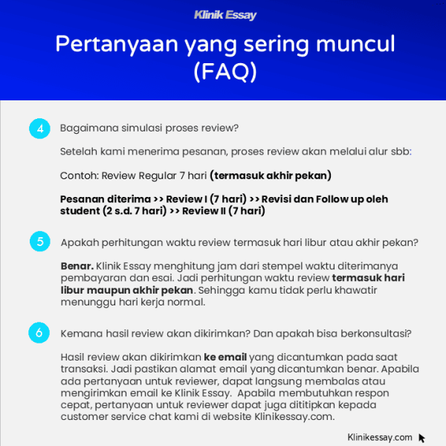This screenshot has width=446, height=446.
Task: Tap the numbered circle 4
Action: point(39,128)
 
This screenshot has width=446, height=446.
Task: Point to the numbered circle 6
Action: point(39,332)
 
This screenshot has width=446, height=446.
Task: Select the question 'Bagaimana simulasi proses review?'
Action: point(149,128)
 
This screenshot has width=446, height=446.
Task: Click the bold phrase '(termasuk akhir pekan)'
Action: point(271,175)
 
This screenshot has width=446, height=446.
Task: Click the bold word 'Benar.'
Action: point(77,265)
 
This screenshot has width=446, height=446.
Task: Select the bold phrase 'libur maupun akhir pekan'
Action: point(126,289)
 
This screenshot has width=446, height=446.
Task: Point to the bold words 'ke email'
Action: point(225,356)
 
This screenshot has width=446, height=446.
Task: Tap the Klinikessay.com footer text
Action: point(380,438)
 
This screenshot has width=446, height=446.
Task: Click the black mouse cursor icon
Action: point(422,438)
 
